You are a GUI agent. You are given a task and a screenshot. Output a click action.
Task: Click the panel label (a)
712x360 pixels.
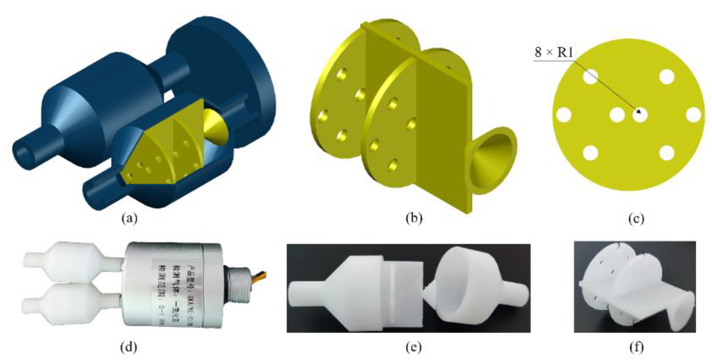(129, 218)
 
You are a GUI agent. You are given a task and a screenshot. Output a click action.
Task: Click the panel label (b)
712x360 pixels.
(414, 218)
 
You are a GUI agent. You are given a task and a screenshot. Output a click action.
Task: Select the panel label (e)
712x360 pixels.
(414, 347)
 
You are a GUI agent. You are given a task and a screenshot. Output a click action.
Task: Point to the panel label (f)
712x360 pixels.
(636, 347)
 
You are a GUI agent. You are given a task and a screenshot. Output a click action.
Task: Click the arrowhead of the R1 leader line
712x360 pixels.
(639, 112)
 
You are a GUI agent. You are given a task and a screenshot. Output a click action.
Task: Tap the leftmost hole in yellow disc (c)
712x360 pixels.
(563, 115)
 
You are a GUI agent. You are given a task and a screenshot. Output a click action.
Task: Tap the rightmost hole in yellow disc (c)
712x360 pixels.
(693, 115)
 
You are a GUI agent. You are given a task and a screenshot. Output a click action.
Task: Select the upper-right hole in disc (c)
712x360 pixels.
(666, 77)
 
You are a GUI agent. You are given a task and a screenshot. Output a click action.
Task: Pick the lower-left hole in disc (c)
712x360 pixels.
(590, 153)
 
